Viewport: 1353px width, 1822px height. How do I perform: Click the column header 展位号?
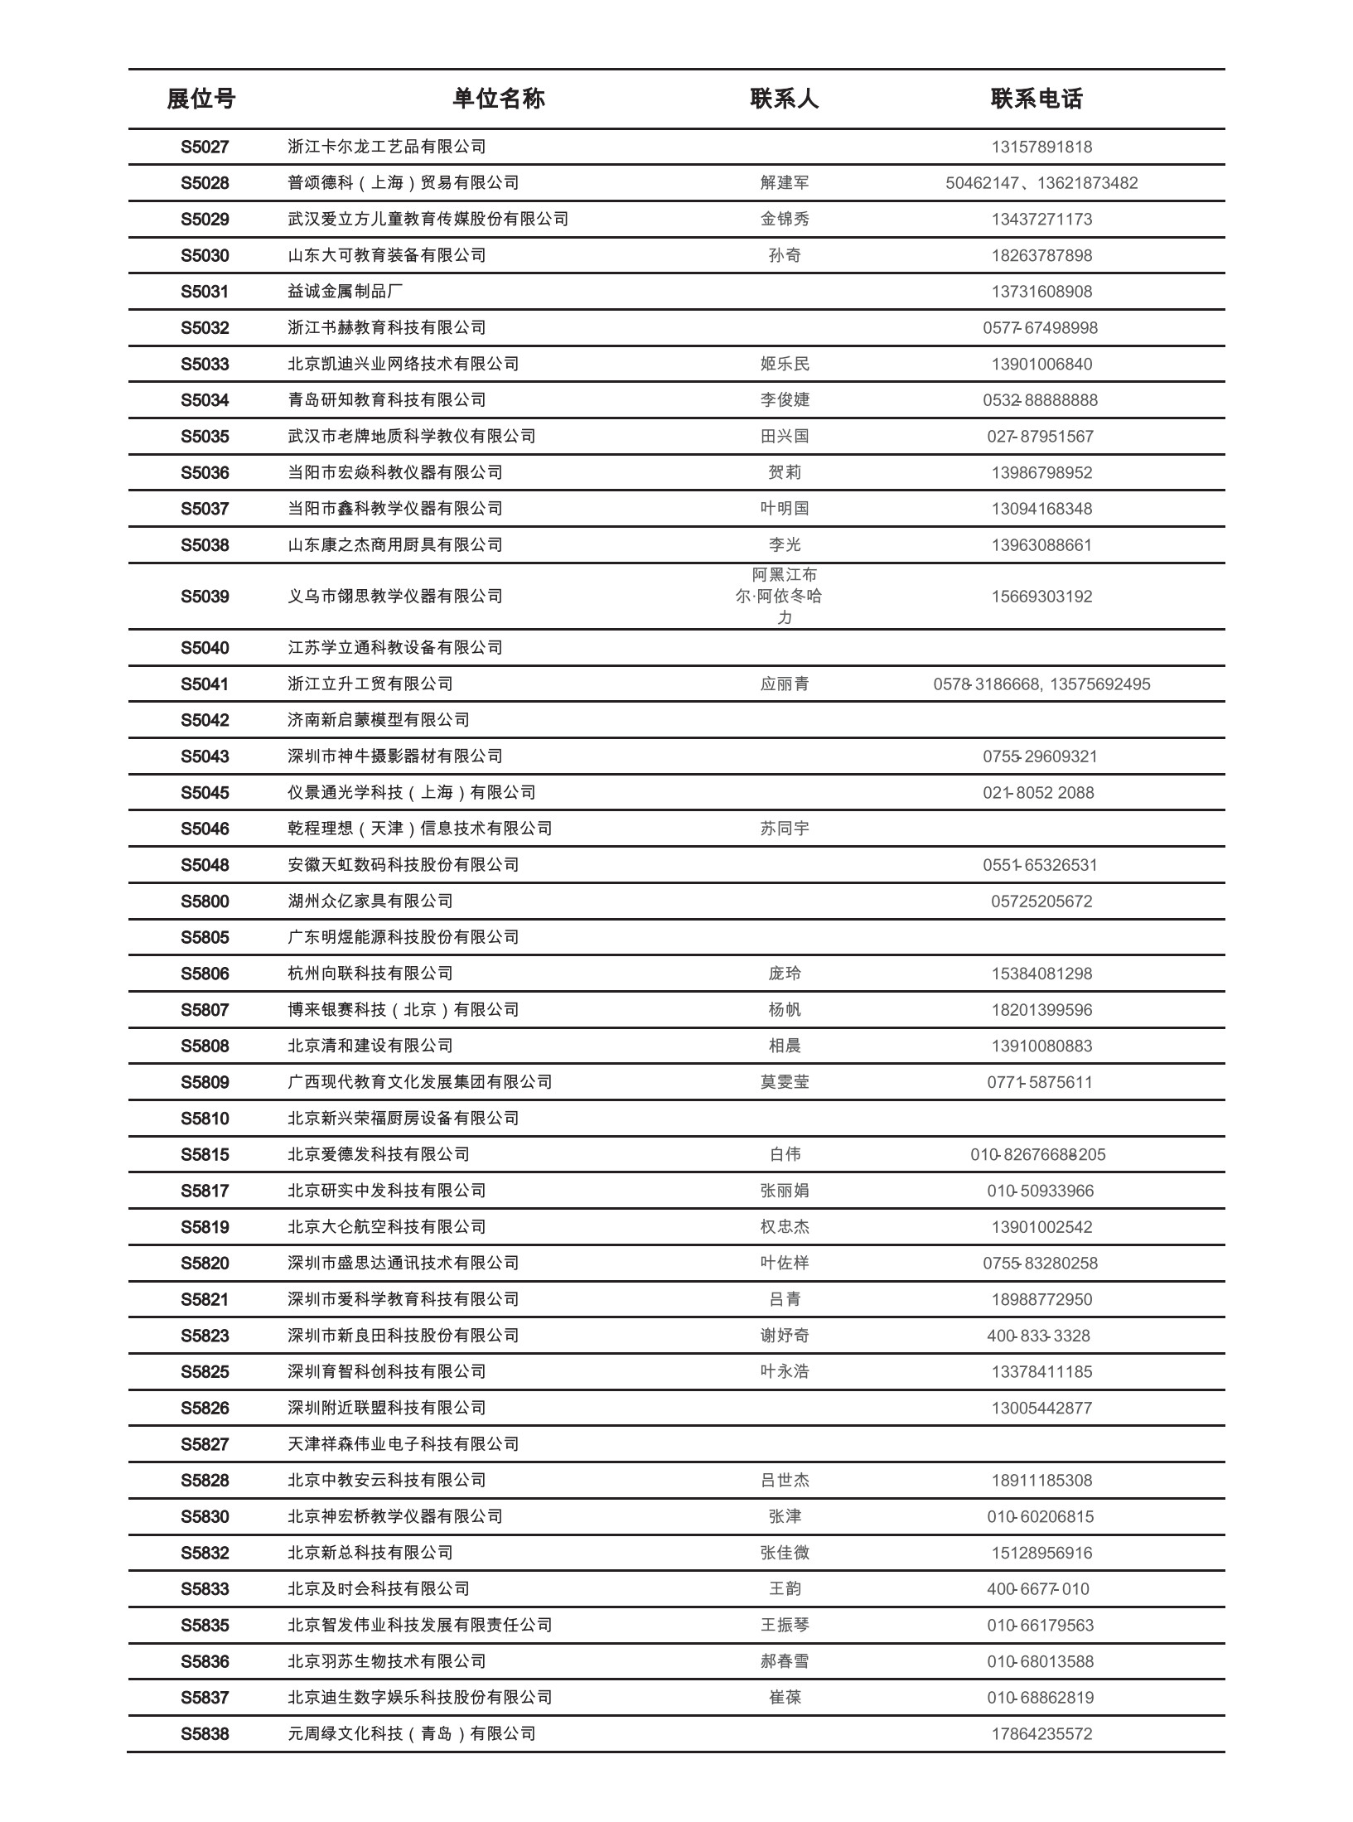(x=201, y=99)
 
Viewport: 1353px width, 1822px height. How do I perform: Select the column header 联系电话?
(x=1036, y=99)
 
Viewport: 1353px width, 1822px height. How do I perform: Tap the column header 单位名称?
(x=499, y=99)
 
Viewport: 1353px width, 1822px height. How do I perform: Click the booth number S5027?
(x=205, y=147)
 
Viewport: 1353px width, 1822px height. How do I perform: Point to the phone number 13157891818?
(x=1041, y=147)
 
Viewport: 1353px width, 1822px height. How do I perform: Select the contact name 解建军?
(x=785, y=183)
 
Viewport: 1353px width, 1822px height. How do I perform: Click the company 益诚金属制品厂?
(x=345, y=292)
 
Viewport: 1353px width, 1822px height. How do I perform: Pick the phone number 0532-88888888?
(x=1040, y=400)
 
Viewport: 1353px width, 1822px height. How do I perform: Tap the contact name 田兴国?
(x=785, y=437)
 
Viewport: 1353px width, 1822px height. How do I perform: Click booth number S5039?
(x=205, y=597)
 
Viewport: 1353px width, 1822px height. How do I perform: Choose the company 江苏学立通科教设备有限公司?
(x=395, y=648)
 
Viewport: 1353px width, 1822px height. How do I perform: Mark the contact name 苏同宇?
(x=785, y=829)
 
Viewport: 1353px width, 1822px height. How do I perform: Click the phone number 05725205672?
(x=1041, y=901)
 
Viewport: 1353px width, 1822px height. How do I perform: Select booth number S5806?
(x=205, y=974)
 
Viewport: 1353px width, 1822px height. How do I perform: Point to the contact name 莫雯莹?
(x=785, y=1082)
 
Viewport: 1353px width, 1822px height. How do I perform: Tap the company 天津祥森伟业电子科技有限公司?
(x=403, y=1444)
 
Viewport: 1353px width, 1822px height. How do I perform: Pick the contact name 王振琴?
(x=785, y=1626)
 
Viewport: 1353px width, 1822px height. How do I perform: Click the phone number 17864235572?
(x=1041, y=1734)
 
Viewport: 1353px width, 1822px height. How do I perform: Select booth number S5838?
(x=205, y=1734)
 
